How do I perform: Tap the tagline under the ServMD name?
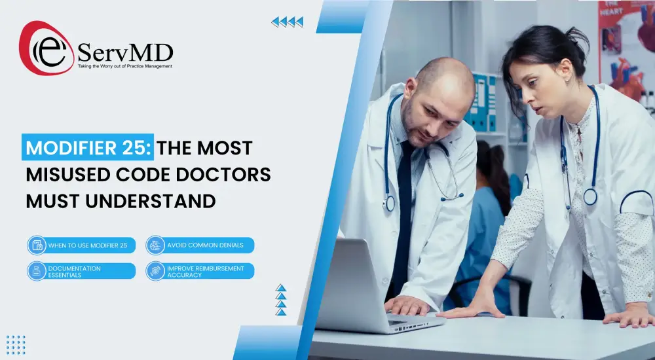pyautogui.click(x=125, y=66)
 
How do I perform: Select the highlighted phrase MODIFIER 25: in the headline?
pyautogui.click(x=88, y=147)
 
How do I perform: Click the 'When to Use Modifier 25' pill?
pyautogui.click(x=82, y=245)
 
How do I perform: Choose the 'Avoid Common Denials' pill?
pyautogui.click(x=200, y=245)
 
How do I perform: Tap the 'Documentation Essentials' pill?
pyautogui.click(x=82, y=271)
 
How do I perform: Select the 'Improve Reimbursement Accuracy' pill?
pyautogui.click(x=200, y=271)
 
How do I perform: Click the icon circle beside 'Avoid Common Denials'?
pyautogui.click(x=155, y=245)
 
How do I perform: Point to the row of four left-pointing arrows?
pyautogui.click(x=288, y=22)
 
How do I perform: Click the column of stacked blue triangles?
pyautogui.click(x=281, y=300)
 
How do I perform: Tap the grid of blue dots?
pyautogui.click(x=16, y=344)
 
